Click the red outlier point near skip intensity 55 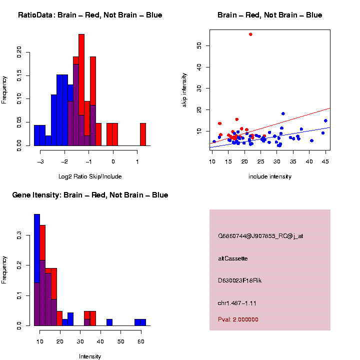(250, 34)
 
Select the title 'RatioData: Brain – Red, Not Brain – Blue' (90, 15)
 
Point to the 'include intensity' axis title (270, 176)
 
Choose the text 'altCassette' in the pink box (233, 258)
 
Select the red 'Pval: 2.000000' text (238, 319)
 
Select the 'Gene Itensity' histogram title (90, 195)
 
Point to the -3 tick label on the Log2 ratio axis (40, 161)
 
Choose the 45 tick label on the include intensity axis (325, 161)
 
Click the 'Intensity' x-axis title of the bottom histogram (90, 356)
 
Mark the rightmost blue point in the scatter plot (325, 120)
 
